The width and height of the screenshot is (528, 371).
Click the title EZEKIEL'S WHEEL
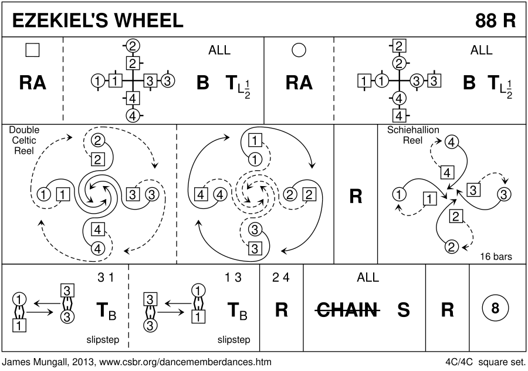[x=94, y=20]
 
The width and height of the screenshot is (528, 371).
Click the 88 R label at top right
[x=495, y=20]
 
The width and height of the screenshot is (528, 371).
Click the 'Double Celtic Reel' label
[x=21, y=140]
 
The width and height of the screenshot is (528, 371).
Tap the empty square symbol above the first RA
[x=33, y=51]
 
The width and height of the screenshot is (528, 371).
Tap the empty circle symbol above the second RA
[x=299, y=51]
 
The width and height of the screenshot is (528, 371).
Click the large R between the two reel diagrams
[x=355, y=196]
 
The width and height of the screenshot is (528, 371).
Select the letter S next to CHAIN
[x=404, y=309]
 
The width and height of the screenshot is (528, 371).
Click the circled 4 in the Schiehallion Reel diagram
[x=451, y=141]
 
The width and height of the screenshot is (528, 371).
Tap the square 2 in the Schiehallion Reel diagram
[x=453, y=215]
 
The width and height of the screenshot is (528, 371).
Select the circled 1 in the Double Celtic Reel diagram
[x=43, y=194]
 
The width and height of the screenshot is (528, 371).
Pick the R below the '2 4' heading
[x=281, y=309]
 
